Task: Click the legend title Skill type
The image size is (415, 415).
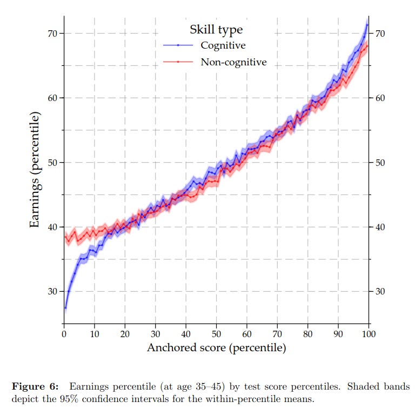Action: (x=216, y=29)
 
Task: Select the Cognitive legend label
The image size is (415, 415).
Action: (x=223, y=45)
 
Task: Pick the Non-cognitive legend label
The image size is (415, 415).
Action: (x=233, y=62)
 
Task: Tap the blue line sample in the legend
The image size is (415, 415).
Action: (x=178, y=45)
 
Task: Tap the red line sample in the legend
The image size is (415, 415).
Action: (x=178, y=62)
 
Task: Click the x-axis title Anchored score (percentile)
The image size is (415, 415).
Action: (x=216, y=348)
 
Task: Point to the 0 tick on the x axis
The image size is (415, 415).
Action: (x=64, y=333)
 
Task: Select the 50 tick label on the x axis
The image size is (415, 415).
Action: (x=216, y=333)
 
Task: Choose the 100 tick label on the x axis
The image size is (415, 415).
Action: (x=369, y=333)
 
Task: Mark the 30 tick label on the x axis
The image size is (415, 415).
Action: (x=155, y=333)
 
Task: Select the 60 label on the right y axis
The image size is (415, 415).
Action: (x=380, y=98)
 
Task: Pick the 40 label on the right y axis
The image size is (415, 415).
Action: (x=380, y=227)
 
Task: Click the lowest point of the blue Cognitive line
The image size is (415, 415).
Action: (x=65, y=308)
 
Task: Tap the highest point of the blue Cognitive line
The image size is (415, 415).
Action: (x=367, y=24)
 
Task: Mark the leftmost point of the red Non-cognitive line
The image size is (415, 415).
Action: (x=65, y=237)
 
